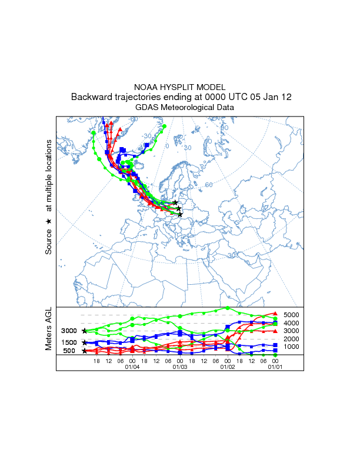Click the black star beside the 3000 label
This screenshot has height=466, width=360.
(x=85, y=331)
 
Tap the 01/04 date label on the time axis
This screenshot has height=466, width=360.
(x=132, y=367)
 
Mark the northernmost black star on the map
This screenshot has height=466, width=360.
(x=176, y=202)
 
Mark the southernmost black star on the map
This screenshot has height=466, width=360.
(x=180, y=214)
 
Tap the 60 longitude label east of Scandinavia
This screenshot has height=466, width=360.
(x=208, y=185)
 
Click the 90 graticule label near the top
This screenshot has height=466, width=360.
(x=224, y=128)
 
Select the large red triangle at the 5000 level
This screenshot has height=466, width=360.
(x=275, y=313)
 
